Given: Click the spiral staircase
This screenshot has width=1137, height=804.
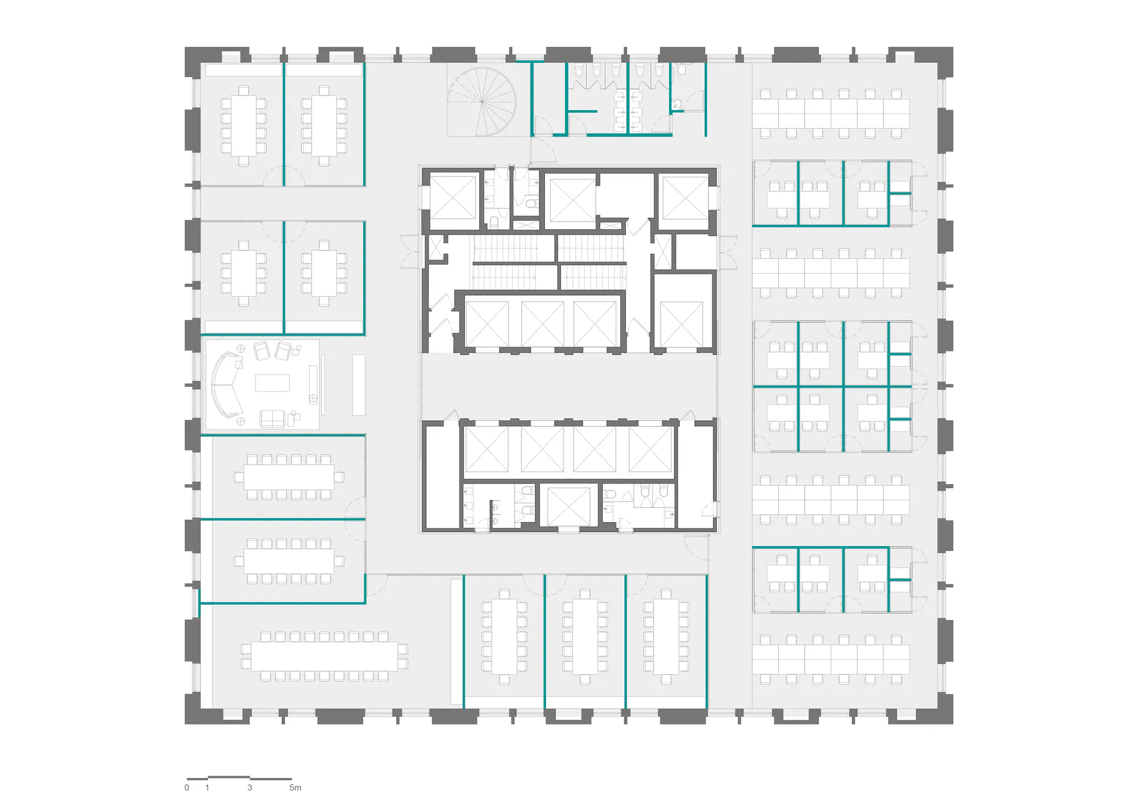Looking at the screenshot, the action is (x=481, y=102).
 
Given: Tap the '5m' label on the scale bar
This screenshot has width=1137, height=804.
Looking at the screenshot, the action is (x=295, y=788).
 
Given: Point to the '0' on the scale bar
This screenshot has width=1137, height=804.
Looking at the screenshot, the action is (x=187, y=788).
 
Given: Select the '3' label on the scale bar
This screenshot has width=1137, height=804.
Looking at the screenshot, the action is (x=250, y=788).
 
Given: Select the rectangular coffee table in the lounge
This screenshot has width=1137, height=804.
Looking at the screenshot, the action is (x=272, y=383).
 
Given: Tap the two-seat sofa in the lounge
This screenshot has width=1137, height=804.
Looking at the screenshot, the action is (x=272, y=419).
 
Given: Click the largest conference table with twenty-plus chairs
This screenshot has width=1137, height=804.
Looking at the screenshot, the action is (x=325, y=656).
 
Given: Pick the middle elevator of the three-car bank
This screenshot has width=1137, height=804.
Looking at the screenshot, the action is (x=542, y=323).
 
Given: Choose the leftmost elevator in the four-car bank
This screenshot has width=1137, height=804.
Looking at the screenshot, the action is (x=486, y=449).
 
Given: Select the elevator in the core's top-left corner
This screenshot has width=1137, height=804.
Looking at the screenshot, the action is (x=454, y=200).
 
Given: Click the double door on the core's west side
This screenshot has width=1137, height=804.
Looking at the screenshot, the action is (x=411, y=251).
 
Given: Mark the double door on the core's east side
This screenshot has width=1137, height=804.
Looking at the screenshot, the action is (x=728, y=251).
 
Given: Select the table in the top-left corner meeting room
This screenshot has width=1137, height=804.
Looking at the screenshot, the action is (x=243, y=126).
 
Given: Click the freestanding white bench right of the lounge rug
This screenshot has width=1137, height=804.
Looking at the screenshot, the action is (x=358, y=385).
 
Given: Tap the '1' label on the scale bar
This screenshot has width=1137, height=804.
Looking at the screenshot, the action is (x=207, y=788).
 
